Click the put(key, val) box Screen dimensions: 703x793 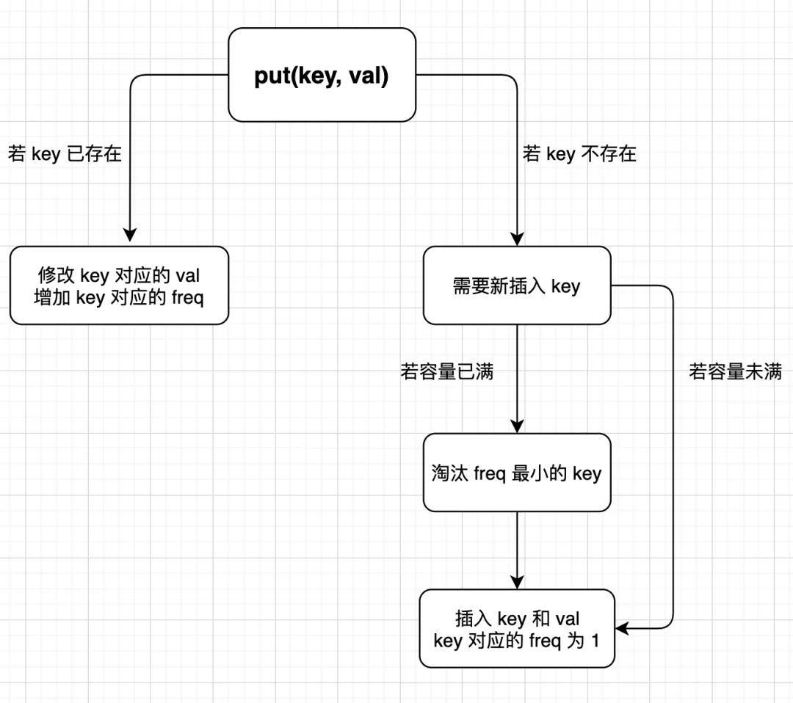[x=322, y=75]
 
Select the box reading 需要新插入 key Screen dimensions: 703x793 [x=517, y=285]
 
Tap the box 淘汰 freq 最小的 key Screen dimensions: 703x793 [x=517, y=473]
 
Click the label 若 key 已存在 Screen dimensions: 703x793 [x=65, y=154]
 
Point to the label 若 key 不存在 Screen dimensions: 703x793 [x=579, y=154]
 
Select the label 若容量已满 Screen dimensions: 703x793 [x=446, y=372]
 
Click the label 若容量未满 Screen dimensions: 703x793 [x=735, y=372]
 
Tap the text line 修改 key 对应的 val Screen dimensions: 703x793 [x=119, y=275]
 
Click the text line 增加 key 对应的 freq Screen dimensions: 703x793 [x=119, y=299]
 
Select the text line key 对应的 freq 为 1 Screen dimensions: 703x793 [x=517, y=641]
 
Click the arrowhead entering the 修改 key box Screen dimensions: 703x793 [x=130, y=236]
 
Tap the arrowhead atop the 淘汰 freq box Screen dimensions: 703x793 [x=517, y=425]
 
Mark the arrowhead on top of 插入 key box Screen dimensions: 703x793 [x=517, y=581]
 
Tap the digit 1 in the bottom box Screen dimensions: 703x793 [x=595, y=641]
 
